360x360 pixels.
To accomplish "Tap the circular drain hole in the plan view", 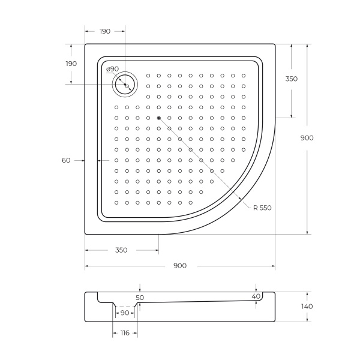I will pos(126,86).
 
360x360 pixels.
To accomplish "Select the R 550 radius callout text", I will pos(262,208).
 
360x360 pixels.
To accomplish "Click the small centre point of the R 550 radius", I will pos(158,118).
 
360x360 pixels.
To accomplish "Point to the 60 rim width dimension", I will pos(66,160).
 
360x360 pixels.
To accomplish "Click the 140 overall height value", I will pos(308,307).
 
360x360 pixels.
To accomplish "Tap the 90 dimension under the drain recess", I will pos(125,313).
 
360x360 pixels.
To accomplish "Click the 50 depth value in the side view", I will pos(140,297).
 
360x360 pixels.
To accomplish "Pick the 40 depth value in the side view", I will pos(256,296).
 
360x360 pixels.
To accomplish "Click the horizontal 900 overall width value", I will pos(180,266).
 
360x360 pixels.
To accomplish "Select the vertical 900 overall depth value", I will pos(307,137).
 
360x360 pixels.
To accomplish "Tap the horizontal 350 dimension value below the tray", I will pos(121,250).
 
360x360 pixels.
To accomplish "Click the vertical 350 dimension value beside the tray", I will pos(292,79).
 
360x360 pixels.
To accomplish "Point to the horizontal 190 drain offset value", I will pos(105,31).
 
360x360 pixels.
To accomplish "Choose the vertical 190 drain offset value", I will pos(71,64).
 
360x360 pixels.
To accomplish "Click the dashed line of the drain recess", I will pos(125,306).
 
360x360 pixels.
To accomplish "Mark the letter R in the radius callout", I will pos(256,208).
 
